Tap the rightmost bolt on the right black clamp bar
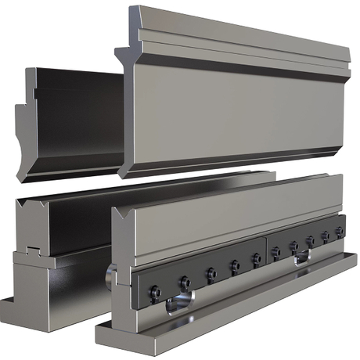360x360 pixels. [x=339, y=231]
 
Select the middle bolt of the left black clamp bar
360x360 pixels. [x=211, y=273]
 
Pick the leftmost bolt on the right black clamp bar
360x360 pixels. [x=275, y=252]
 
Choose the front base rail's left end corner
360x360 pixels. [x=100, y=335]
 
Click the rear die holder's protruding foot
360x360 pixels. [x=9, y=301]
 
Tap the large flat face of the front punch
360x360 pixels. [x=235, y=110]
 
